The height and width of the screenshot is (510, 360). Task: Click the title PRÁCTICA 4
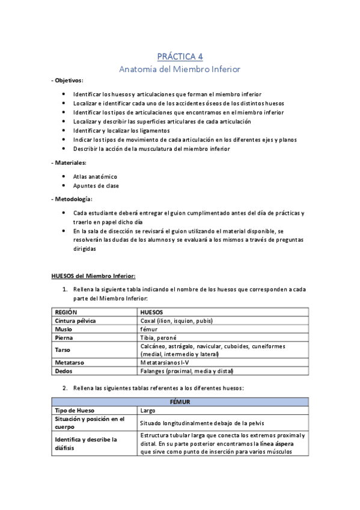coord(180,57)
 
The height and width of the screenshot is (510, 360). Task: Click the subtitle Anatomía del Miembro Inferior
coord(180,69)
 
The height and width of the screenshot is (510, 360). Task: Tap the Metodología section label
coord(72,199)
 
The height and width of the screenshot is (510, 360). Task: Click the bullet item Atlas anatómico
coord(95,176)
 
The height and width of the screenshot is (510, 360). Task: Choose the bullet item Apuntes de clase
coord(96,186)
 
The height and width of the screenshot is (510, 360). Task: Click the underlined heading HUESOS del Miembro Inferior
coord(93,276)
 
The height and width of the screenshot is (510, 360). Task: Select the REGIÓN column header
coord(67,313)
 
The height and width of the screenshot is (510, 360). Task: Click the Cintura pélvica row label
coord(75,321)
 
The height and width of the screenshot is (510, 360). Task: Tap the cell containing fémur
coord(148,330)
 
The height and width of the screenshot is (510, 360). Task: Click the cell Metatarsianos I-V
coord(166,363)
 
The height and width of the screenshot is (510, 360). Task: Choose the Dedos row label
coord(64,371)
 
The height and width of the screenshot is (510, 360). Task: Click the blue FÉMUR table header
coord(180,401)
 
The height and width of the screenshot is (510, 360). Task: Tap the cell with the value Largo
coord(148,410)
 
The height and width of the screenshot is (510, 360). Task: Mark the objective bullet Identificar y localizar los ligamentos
coord(121,131)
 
